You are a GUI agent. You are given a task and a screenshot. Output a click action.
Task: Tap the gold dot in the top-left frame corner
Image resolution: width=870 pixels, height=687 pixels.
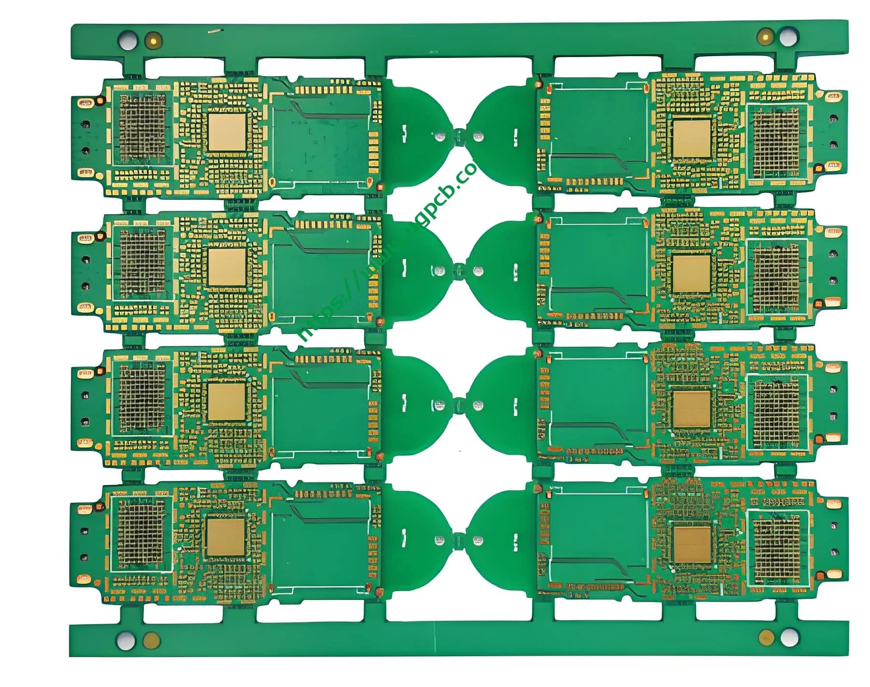point(154,40)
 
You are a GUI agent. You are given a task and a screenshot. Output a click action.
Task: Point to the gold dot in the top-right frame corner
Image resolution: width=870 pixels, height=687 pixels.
point(765,36)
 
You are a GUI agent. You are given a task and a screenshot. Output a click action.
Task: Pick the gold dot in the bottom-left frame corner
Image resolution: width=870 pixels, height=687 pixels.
point(152,641)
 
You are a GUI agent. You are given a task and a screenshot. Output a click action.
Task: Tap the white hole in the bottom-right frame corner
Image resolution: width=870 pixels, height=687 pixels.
point(789,637)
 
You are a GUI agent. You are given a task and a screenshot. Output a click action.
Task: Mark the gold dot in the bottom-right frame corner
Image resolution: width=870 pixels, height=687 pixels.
point(766,637)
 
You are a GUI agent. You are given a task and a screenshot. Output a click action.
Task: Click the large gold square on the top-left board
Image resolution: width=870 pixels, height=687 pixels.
point(227,132)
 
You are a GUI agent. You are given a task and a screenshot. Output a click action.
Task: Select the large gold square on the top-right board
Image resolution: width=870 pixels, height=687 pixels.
point(692,138)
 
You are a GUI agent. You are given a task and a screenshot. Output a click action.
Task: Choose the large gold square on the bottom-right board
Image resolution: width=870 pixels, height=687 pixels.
point(692,544)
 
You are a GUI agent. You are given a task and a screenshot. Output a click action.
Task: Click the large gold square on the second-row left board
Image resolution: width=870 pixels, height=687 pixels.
point(227,267)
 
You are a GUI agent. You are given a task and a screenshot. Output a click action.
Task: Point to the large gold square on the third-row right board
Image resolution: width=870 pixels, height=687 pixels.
point(692,409)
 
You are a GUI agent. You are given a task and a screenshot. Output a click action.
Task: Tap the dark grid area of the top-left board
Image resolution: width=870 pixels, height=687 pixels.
point(142,128)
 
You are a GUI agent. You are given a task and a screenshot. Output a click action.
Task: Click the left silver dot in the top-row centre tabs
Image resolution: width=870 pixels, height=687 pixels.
point(439,136)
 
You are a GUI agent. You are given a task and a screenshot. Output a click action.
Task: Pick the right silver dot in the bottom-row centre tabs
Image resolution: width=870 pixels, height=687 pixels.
point(478,540)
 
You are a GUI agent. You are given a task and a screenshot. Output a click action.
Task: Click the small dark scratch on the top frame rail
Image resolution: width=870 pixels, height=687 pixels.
point(215,31)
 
